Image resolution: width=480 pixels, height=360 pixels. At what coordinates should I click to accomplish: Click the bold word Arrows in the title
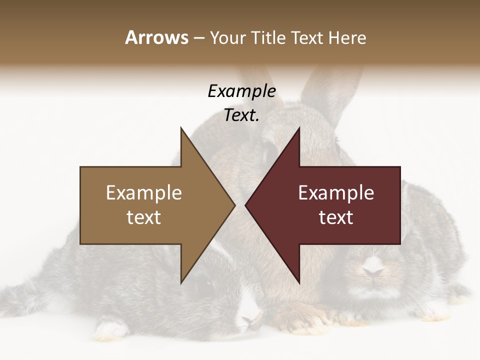156,37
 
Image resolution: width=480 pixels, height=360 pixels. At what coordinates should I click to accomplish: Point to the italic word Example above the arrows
241,91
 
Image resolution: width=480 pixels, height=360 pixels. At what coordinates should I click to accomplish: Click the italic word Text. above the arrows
241,115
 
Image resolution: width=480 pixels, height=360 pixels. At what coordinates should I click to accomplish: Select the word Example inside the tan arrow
144,192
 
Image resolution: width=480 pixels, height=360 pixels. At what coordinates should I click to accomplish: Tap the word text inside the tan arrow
144,217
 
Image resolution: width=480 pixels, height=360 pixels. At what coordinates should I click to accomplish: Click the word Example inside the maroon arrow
336,192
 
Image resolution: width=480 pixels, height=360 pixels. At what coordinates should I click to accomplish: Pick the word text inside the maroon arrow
336,217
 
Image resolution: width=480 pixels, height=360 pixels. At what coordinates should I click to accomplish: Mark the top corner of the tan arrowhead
181,128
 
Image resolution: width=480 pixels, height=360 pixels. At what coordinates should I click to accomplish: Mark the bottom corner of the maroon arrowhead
299,283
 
